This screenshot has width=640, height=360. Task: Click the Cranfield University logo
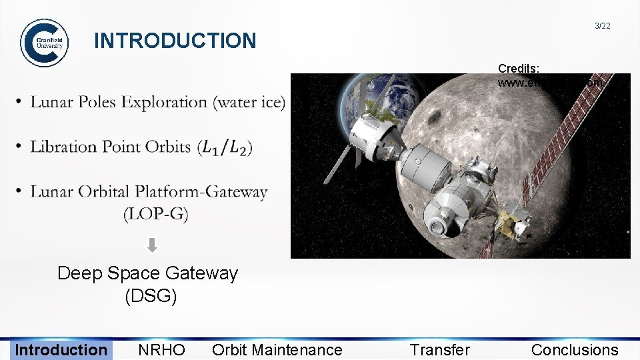(x=44, y=43)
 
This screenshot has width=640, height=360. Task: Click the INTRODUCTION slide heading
(x=175, y=41)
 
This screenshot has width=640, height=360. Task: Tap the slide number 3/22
(x=602, y=26)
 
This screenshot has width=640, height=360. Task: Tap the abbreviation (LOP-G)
(x=155, y=214)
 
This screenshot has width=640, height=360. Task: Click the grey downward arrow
(x=152, y=245)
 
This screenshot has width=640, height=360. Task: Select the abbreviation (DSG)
(x=151, y=296)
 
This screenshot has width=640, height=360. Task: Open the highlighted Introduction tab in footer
(x=61, y=350)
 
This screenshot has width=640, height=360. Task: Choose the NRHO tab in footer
(x=161, y=350)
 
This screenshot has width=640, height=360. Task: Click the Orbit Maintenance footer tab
(x=277, y=350)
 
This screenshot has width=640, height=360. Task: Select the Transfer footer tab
(x=439, y=350)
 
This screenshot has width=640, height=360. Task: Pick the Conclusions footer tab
(x=575, y=350)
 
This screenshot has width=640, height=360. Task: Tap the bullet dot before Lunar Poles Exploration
(x=18, y=102)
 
